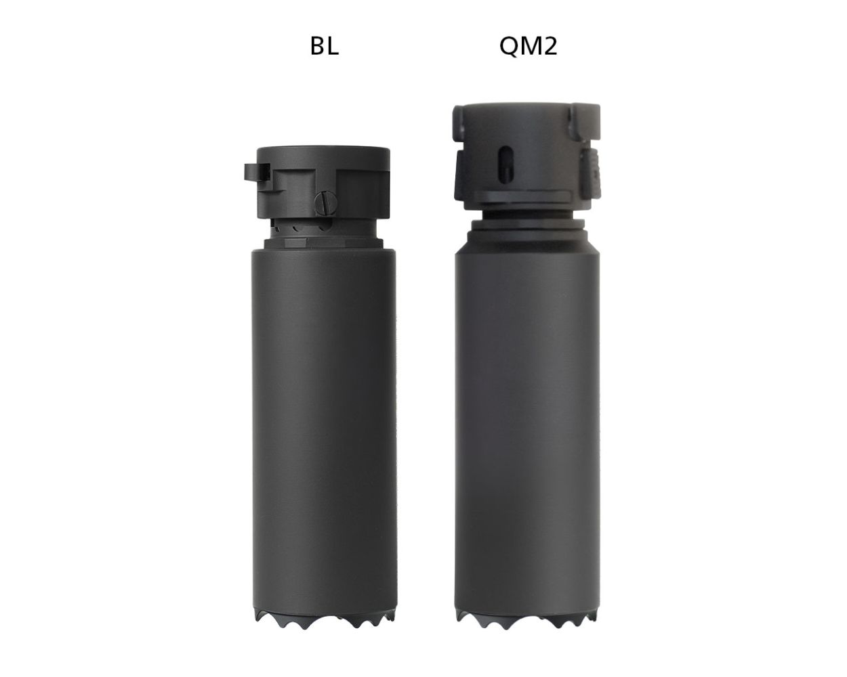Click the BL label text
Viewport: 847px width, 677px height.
(324, 46)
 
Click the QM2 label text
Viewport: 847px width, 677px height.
(528, 46)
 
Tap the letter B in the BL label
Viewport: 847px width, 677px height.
(317, 46)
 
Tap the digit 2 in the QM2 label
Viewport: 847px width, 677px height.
(550, 46)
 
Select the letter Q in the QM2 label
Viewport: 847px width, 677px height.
(509, 46)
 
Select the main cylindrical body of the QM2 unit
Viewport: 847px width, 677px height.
(528, 420)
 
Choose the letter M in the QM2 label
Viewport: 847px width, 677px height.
(529, 46)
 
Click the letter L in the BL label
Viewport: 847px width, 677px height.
(333, 46)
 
